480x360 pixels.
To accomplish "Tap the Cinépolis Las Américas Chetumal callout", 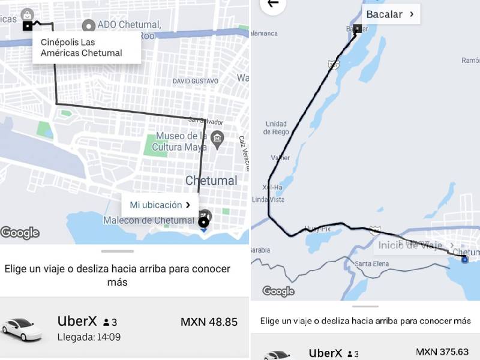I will (x=86, y=47).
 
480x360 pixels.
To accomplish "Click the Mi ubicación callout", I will (x=160, y=205).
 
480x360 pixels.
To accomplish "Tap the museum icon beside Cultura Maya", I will (x=217, y=139).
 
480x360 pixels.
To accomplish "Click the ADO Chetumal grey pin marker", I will (x=89, y=26).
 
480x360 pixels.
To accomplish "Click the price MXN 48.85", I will (x=209, y=322).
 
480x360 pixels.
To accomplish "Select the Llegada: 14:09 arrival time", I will (x=89, y=337).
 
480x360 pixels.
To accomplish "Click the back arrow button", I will (x=273, y=4).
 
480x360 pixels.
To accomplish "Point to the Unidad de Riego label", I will (x=276, y=128).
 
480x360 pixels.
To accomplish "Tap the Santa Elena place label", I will (x=372, y=264).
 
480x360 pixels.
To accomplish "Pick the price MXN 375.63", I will (x=443, y=352).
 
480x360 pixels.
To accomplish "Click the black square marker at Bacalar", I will (x=358, y=28).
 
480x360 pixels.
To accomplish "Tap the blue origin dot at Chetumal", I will (x=464, y=259).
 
